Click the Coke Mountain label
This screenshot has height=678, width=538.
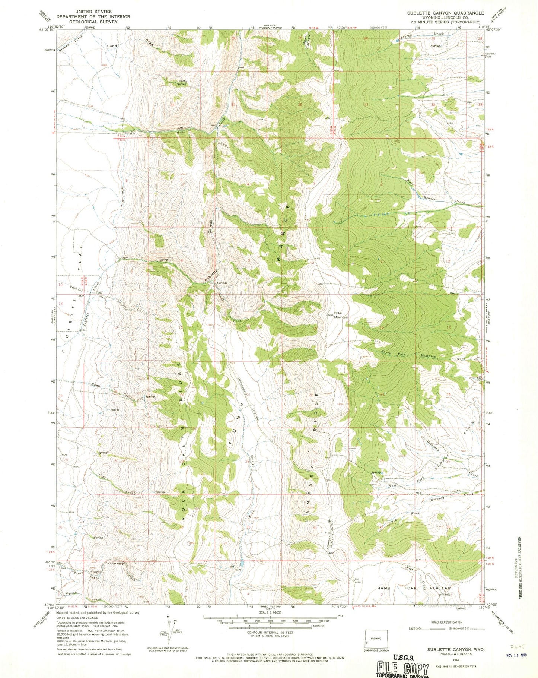click(341, 315)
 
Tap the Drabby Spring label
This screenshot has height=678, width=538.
click(181, 82)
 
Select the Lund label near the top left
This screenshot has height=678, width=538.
click(112, 46)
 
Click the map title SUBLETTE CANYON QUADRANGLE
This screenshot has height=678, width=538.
click(445, 13)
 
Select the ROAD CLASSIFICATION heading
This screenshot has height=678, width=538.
click(446, 622)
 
